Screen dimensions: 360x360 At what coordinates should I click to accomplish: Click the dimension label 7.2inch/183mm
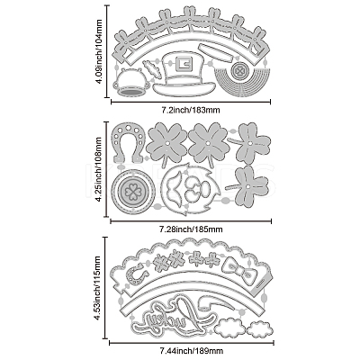(x=191, y=110)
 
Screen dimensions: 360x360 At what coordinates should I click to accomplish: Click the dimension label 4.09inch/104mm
(x=99, y=51)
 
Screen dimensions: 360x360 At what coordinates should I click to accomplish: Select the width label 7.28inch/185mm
(x=191, y=229)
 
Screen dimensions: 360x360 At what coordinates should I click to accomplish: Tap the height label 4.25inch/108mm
(x=98, y=169)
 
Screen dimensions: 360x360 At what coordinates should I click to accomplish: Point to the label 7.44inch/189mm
(x=191, y=350)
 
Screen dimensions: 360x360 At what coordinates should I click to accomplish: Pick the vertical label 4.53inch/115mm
(x=99, y=288)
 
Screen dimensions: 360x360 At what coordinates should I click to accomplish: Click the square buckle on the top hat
(x=183, y=64)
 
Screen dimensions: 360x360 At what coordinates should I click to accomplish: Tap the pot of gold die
(x=131, y=82)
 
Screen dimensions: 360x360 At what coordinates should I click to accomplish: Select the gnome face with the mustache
(x=191, y=189)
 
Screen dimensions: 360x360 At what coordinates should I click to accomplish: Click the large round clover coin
(x=133, y=192)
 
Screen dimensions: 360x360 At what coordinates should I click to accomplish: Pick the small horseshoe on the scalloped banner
(x=135, y=274)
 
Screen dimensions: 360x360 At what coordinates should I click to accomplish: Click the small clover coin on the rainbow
(x=239, y=71)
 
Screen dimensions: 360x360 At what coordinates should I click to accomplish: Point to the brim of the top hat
(x=184, y=86)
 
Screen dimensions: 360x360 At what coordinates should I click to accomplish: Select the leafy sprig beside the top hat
(x=151, y=68)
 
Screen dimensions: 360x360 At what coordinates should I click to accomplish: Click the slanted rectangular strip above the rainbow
(x=215, y=53)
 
